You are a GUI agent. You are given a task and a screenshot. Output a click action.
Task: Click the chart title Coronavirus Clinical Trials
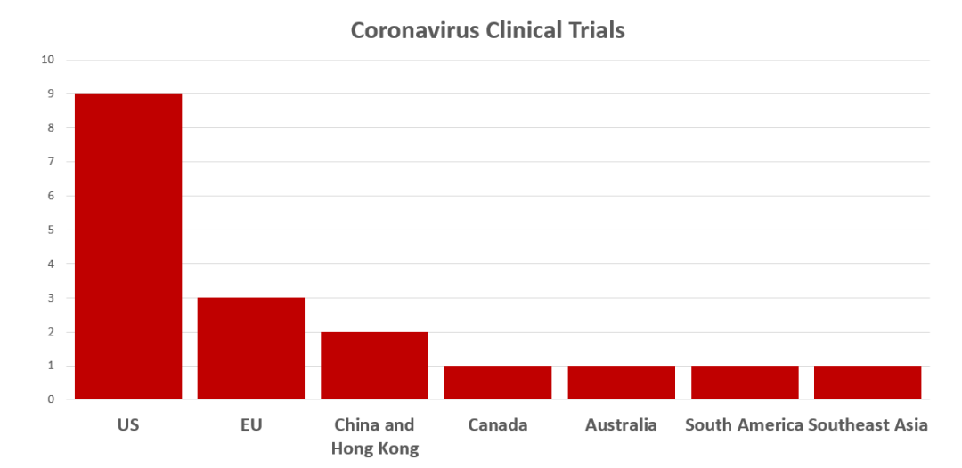point(487,30)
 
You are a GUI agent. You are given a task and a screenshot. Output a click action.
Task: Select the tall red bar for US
point(128,246)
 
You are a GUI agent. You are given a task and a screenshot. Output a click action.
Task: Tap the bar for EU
point(251,348)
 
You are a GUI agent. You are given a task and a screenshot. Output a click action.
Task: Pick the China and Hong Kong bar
point(374,365)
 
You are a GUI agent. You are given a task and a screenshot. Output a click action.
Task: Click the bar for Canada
point(498,382)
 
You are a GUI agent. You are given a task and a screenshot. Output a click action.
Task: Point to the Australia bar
point(621,382)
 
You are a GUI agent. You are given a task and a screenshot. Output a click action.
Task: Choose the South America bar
point(745,382)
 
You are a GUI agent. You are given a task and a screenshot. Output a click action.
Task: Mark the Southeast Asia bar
point(868,382)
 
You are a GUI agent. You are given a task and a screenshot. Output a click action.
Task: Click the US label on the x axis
point(128,424)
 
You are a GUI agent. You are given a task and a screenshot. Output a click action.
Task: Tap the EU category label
point(251,424)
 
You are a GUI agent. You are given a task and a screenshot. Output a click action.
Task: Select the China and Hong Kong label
point(374,436)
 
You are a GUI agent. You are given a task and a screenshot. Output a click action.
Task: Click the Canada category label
point(498,424)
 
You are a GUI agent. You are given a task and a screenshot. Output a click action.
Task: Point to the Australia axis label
point(621,424)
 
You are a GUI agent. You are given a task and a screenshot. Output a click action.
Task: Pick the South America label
point(745,424)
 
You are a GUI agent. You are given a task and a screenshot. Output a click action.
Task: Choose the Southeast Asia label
point(868,424)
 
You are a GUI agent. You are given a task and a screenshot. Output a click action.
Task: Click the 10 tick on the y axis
point(47,60)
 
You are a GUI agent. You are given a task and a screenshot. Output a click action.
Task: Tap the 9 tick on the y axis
point(51,93)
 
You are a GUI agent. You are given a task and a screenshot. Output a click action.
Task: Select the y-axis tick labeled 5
point(51,230)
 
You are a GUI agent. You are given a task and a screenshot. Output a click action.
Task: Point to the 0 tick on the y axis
point(51,399)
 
